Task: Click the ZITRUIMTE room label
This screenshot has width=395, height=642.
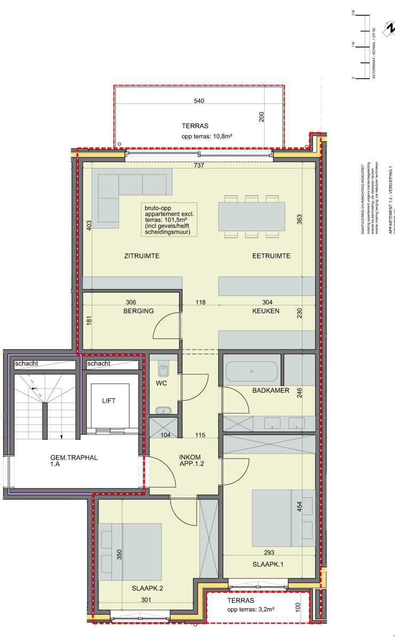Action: click(142, 256)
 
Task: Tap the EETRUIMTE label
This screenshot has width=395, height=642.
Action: click(271, 256)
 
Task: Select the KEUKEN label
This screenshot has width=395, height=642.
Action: click(266, 311)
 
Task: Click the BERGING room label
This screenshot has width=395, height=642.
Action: click(138, 311)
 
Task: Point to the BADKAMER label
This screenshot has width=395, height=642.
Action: click(271, 391)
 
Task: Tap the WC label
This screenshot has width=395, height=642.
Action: click(162, 384)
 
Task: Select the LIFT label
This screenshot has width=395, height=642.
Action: click(109, 400)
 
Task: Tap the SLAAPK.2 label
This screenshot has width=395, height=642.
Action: click(147, 588)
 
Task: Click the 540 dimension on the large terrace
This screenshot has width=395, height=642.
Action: click(199, 101)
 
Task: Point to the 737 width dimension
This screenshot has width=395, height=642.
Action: click(199, 166)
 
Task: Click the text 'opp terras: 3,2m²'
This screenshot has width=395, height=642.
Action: click(251, 609)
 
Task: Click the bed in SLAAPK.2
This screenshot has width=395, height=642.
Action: click(131, 552)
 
